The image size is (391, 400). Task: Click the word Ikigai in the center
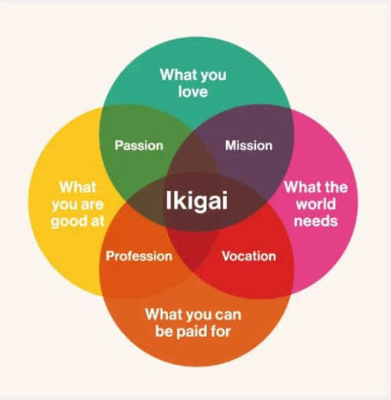click(x=196, y=201)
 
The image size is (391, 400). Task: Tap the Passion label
click(x=139, y=145)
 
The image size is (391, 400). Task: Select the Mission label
click(x=248, y=145)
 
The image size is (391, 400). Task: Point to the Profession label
click(x=139, y=256)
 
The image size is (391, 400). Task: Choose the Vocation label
click(x=249, y=256)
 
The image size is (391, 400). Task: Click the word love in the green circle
click(x=193, y=91)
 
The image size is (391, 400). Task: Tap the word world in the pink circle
click(x=316, y=204)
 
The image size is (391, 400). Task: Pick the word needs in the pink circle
click(x=316, y=221)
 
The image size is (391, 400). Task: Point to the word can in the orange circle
click(x=228, y=315)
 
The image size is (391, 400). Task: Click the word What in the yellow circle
click(x=77, y=187)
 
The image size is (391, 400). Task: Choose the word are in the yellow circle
click(x=93, y=204)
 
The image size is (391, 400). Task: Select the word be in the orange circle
click(x=162, y=331)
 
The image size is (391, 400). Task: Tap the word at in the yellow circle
click(x=98, y=221)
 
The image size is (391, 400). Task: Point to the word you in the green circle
click(x=214, y=76)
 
